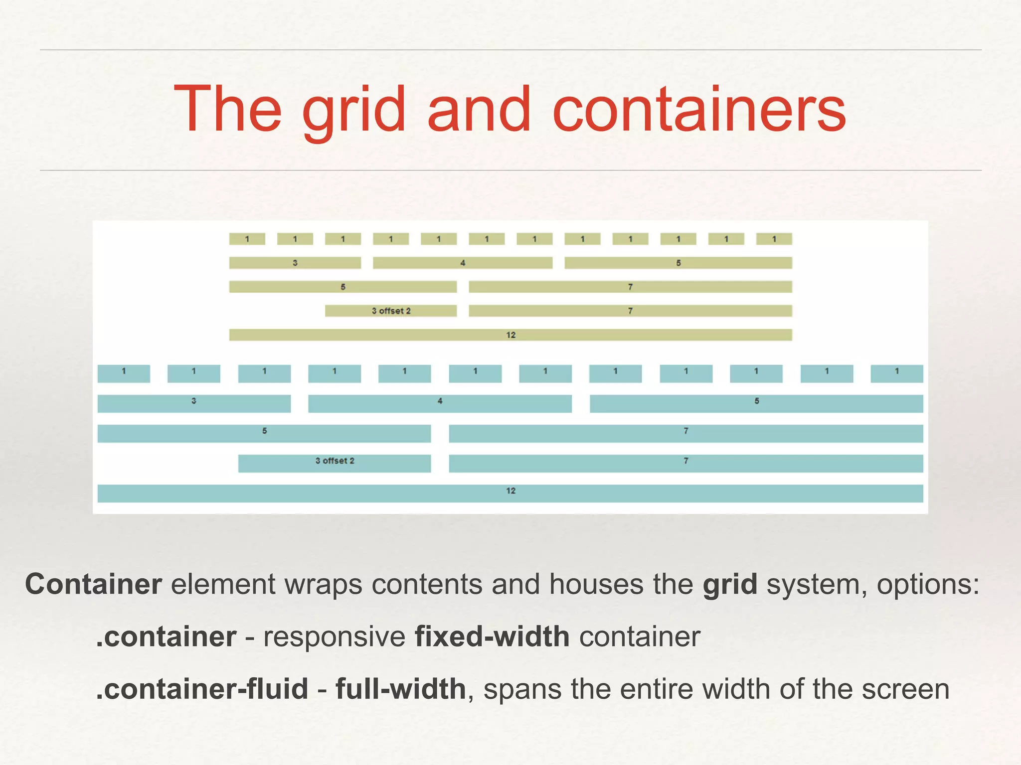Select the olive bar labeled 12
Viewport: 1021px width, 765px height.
point(510,335)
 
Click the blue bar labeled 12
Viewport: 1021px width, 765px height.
point(510,493)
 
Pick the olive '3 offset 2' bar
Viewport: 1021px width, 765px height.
point(391,311)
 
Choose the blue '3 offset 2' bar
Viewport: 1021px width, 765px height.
point(335,463)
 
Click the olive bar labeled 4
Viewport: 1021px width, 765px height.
point(463,262)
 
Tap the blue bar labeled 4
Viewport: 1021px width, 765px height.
point(440,403)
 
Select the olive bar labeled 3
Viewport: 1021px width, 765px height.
point(295,262)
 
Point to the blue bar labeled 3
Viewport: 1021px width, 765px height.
point(194,403)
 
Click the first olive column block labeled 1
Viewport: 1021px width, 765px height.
point(247,239)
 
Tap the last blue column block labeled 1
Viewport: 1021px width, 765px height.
point(897,374)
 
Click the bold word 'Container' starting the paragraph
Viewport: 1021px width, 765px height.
point(93,584)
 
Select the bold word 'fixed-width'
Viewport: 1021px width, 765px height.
point(492,637)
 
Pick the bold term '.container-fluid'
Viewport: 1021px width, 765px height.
point(202,689)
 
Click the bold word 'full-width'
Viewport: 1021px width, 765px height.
point(400,689)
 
